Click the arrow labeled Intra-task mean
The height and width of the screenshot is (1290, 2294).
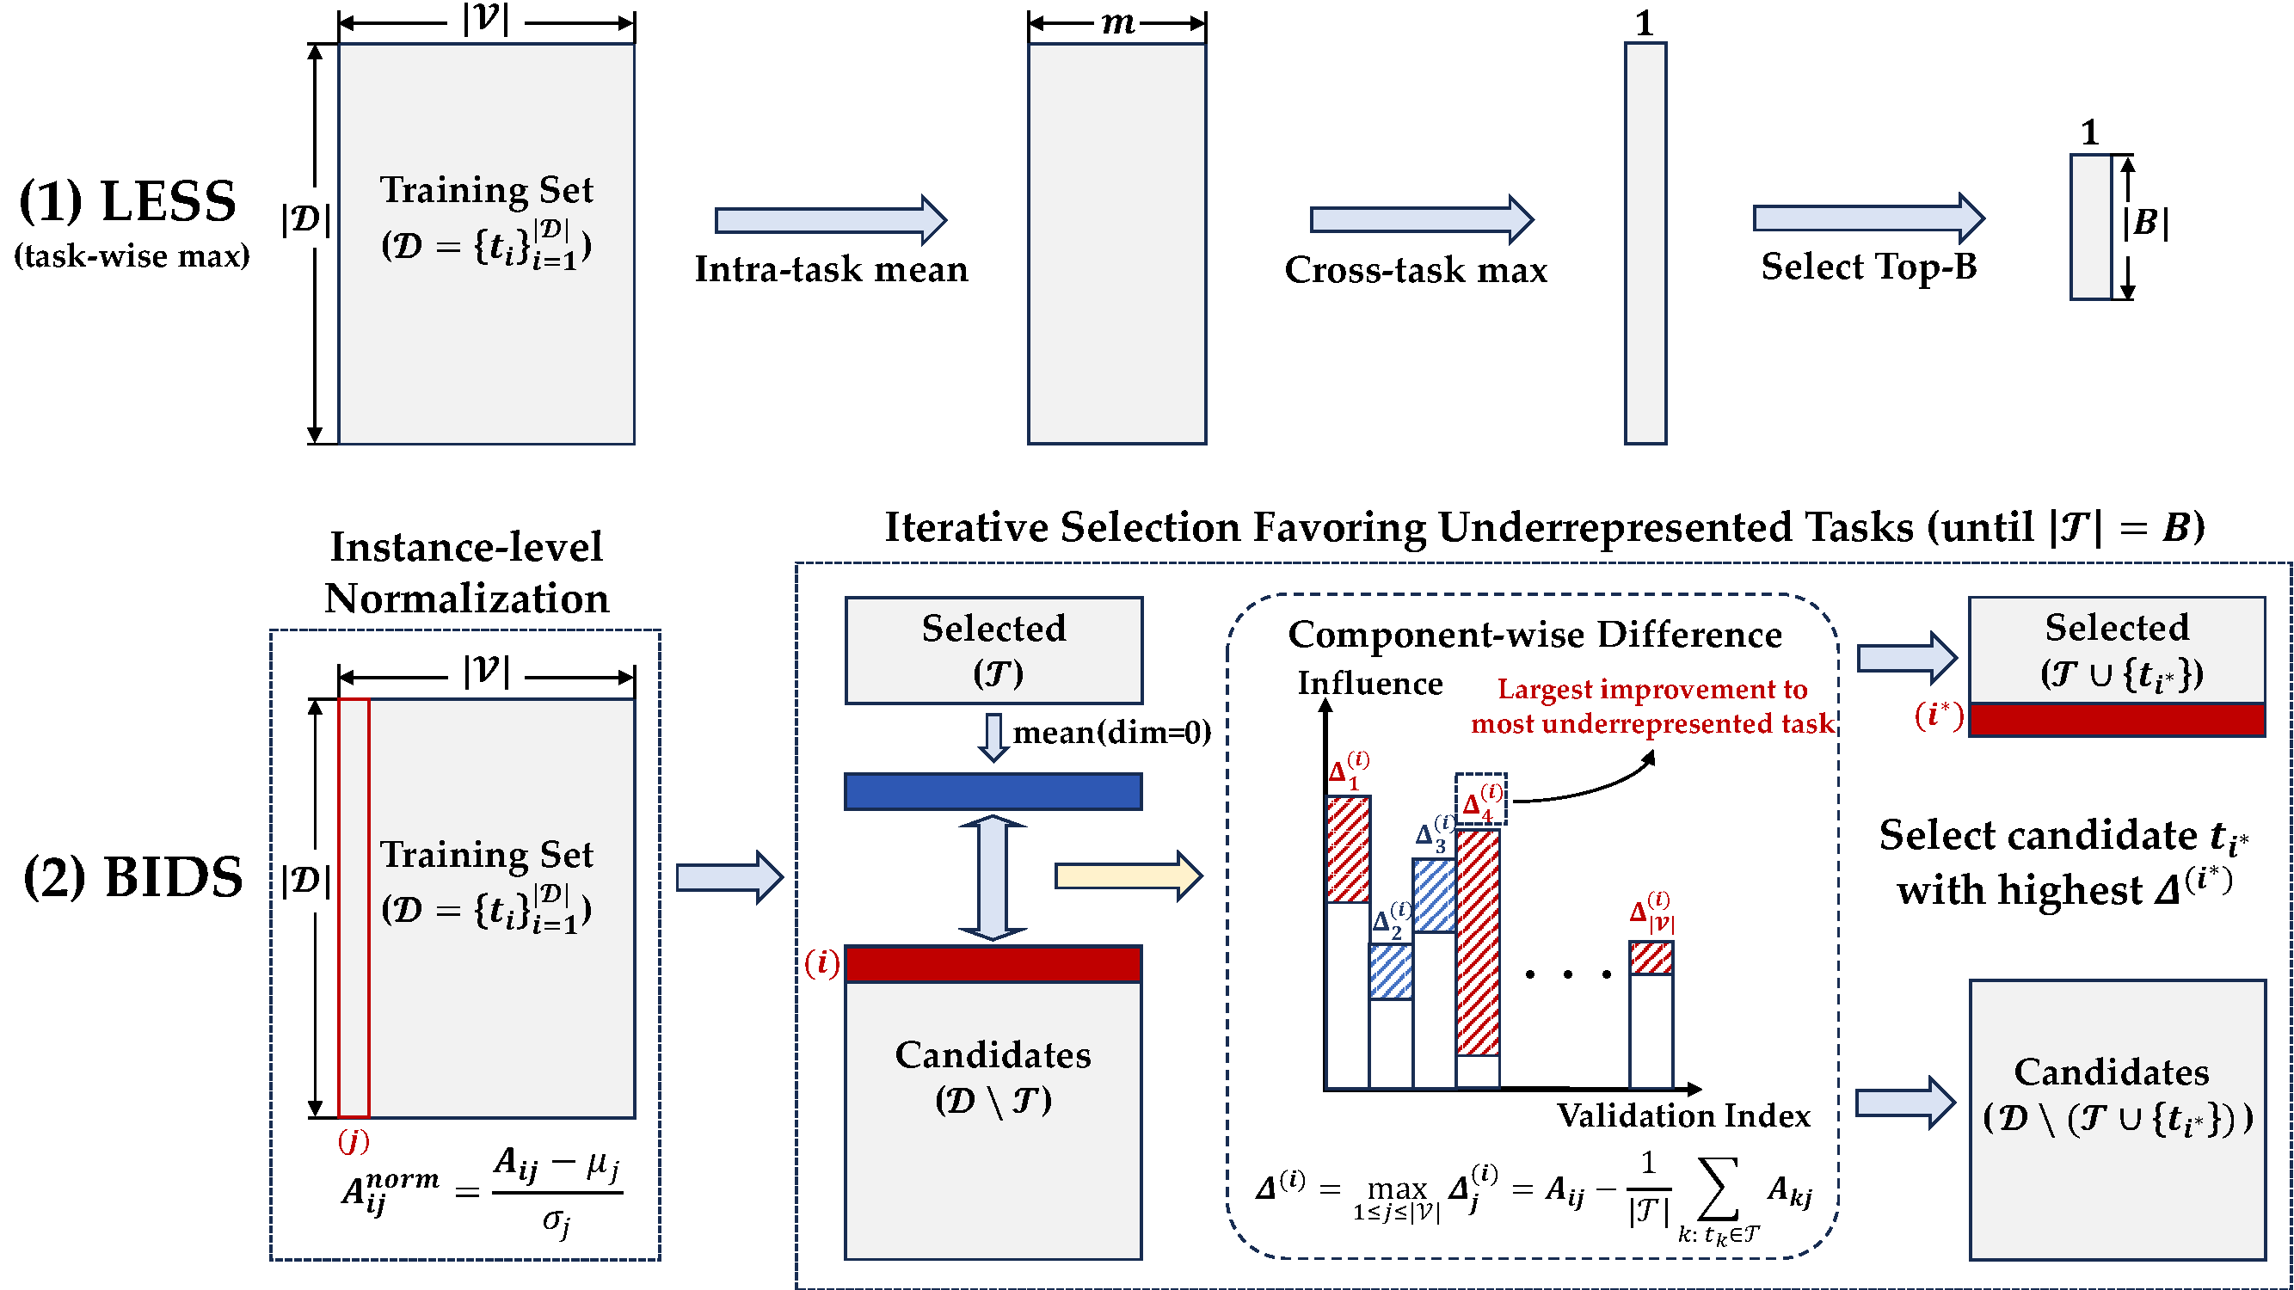[x=830, y=220]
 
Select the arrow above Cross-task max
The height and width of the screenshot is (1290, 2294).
[x=1420, y=219]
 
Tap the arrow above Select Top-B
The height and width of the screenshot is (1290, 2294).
[x=1867, y=218]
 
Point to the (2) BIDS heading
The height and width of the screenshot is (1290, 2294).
[x=132, y=878]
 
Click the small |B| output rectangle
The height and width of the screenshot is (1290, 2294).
[x=2091, y=227]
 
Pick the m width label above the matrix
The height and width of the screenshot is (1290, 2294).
[x=1117, y=23]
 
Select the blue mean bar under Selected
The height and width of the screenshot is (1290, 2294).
[x=993, y=791]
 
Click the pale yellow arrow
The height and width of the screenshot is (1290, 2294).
[x=1128, y=876]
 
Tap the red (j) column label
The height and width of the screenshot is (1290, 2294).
[x=354, y=1140]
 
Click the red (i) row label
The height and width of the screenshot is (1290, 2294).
[x=821, y=962]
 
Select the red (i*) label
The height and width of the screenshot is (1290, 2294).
[x=1939, y=715]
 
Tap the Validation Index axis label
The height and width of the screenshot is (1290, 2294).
[x=1683, y=1116]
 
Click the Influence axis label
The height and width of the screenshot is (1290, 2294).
[x=1369, y=684]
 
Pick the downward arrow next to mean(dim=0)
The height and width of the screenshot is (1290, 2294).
[x=993, y=737]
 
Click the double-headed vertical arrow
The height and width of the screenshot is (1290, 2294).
[x=993, y=878]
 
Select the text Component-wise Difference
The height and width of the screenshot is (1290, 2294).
[x=1534, y=635]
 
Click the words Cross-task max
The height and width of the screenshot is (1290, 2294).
[x=1416, y=270]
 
